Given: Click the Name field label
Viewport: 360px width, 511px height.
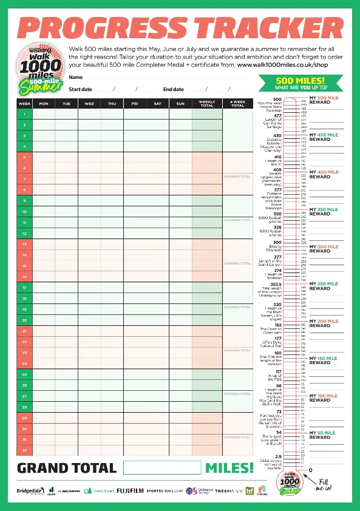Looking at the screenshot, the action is [x=75, y=77].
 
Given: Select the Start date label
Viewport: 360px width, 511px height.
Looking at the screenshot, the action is [x=80, y=89].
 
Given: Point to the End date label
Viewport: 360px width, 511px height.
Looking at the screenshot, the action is [x=173, y=89].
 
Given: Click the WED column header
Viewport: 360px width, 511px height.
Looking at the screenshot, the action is [x=89, y=104].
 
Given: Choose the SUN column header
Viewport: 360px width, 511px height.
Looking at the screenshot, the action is [x=180, y=104].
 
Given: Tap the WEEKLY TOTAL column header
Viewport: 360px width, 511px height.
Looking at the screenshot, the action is [x=207, y=104].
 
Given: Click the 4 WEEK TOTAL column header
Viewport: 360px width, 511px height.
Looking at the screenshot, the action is [x=237, y=104].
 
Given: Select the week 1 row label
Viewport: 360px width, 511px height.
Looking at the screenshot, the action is [x=24, y=114].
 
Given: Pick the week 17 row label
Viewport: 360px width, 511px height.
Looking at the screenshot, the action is [x=24, y=287].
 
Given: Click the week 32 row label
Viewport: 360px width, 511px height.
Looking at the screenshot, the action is [x=24, y=450].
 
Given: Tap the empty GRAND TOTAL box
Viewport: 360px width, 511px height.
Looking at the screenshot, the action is [x=162, y=467].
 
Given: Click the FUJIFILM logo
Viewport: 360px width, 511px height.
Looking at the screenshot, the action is [x=130, y=490].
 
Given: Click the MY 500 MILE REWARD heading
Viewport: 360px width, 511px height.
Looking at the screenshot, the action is [x=324, y=100].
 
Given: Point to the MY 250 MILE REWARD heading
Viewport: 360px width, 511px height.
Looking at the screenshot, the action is [x=324, y=286].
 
